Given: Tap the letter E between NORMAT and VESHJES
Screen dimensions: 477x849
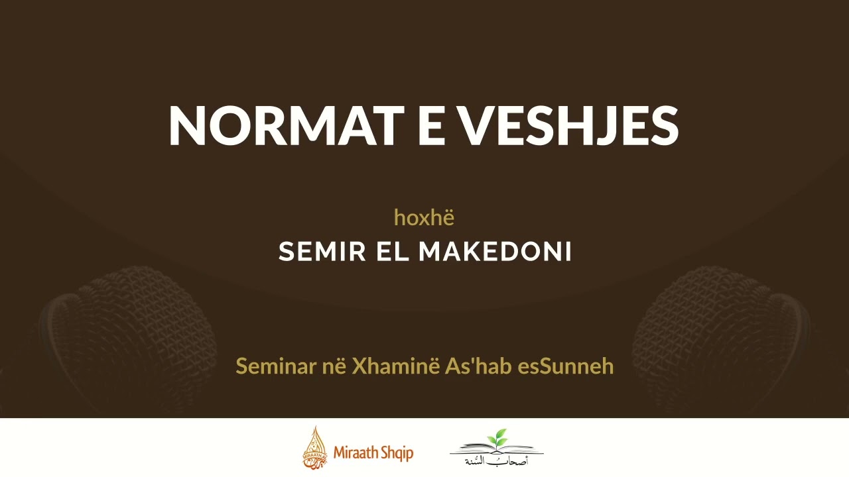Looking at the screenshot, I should tap(432, 126).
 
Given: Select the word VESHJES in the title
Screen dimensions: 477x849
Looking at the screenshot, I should tap(570, 126).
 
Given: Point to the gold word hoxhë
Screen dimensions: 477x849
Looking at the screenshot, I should tap(424, 217).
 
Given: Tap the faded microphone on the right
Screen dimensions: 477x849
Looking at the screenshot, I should tap(720, 325).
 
